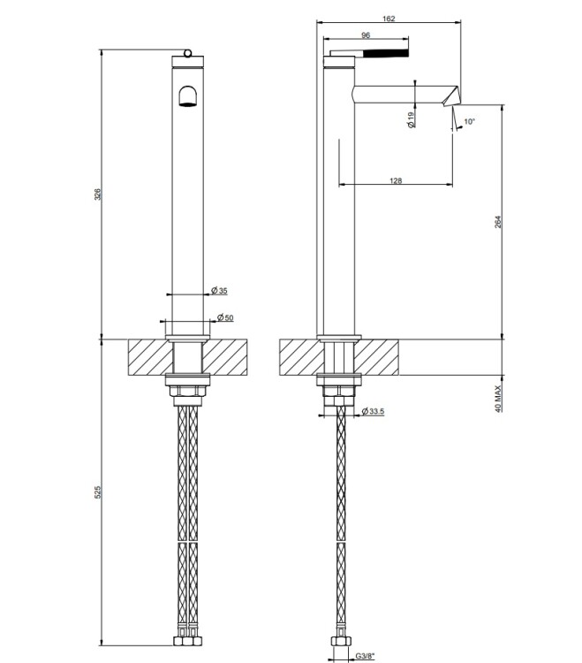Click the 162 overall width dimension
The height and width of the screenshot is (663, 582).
(x=389, y=19)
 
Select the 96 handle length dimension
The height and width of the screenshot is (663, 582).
(x=366, y=35)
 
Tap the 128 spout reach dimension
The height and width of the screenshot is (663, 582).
(x=396, y=181)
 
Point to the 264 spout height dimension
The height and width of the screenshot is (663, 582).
(x=498, y=222)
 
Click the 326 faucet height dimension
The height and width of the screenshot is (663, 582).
(x=97, y=194)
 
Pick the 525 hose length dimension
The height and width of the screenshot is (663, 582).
(x=97, y=492)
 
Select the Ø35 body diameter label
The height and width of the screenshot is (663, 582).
(x=219, y=291)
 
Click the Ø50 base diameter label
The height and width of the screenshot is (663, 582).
(x=225, y=317)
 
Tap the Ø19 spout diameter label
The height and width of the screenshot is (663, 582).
(x=412, y=119)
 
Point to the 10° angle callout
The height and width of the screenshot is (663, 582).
(x=469, y=122)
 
